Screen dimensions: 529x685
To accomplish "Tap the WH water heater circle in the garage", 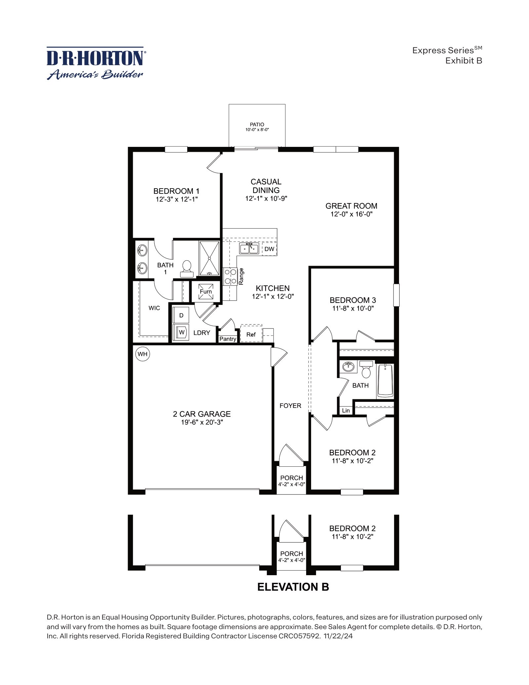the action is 142,354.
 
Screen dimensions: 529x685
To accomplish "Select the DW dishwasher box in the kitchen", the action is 269,249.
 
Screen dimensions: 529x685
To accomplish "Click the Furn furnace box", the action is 206,291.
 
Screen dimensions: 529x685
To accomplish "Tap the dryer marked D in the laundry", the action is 181,315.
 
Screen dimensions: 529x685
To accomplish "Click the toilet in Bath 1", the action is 186,269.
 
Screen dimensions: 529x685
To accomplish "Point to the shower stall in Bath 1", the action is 209,258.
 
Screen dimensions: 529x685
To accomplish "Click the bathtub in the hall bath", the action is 385,380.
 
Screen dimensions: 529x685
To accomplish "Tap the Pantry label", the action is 228,339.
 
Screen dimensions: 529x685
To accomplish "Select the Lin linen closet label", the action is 346,410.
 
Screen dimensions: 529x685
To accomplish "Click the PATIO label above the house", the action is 257,125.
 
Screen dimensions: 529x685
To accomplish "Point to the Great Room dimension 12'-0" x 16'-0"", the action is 351,214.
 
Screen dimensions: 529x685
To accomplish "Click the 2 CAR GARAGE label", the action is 202,414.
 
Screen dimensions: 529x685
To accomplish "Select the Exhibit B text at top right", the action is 464,61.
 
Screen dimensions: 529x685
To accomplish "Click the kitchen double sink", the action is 249,248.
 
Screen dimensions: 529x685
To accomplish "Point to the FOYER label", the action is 290,406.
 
